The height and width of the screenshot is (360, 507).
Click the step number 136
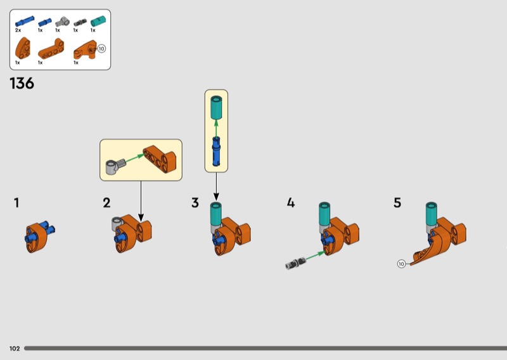tap(22, 84)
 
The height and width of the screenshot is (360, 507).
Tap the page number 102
tap(15, 349)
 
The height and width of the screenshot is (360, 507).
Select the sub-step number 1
tap(16, 203)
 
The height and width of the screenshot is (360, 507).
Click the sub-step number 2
tap(106, 203)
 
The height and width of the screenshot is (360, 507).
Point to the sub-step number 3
tap(195, 203)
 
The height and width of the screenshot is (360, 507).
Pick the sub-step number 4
tap(291, 203)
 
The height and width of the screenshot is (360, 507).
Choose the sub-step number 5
tap(397, 203)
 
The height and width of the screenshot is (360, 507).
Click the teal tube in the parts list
tap(98, 22)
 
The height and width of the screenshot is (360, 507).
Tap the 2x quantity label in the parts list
tap(18, 30)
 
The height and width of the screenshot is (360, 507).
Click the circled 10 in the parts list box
tap(101, 49)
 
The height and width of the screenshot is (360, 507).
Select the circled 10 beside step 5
tap(401, 264)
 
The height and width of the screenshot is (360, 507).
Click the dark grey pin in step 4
tap(295, 263)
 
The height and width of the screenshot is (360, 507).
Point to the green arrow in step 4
tap(315, 255)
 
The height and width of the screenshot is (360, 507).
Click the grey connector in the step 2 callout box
tap(115, 166)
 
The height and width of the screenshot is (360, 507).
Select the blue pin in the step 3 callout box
tap(216, 151)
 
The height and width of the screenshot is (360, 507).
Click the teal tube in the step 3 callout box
tap(216, 107)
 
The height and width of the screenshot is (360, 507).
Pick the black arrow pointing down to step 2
tap(141, 201)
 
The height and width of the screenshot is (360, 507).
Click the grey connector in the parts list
tap(61, 22)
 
